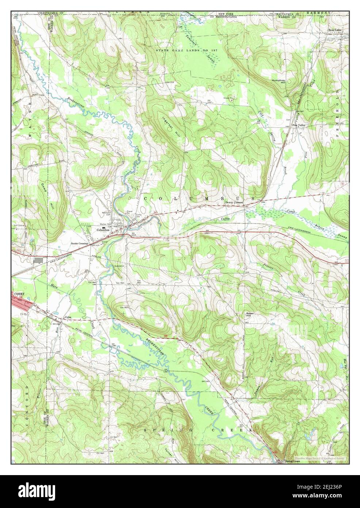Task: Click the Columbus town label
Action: pyautogui.click(x=103, y=230)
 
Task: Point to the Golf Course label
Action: pyautogui.click(x=19, y=225)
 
